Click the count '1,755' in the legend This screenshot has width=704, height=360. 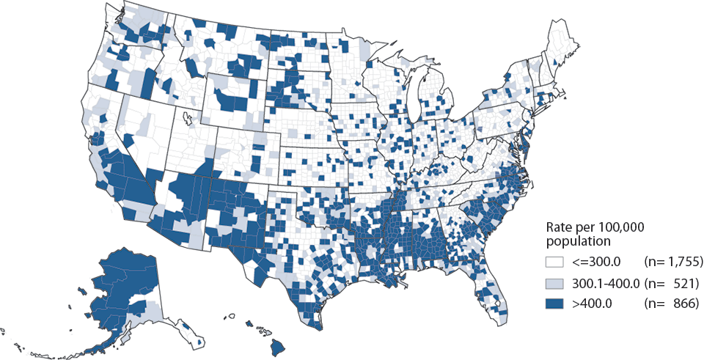[x=686, y=262]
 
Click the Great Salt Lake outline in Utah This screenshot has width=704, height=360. [x=188, y=117]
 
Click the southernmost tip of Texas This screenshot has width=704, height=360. [x=317, y=328]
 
